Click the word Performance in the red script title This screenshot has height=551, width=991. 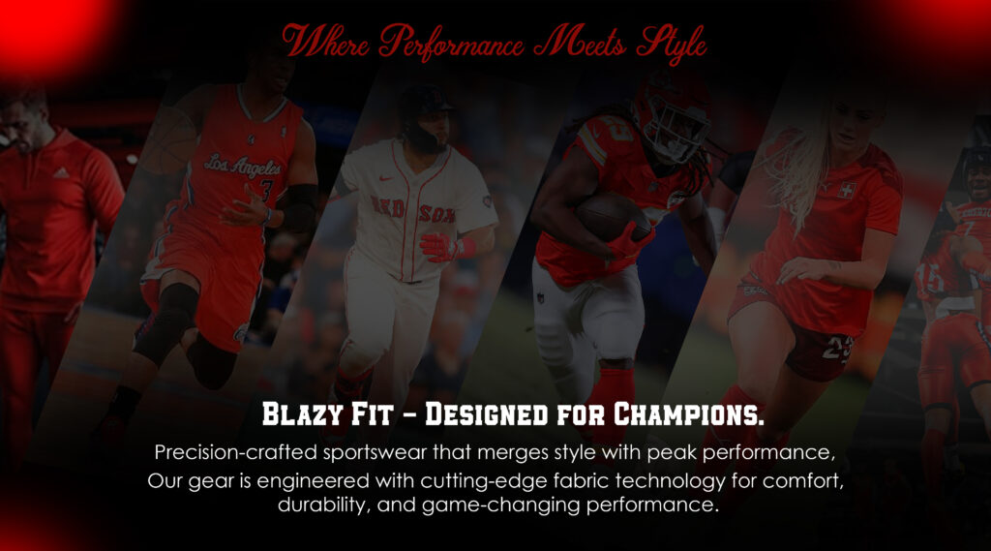[452, 43]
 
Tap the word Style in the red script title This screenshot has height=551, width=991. [672, 45]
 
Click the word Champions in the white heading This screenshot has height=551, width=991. [688, 414]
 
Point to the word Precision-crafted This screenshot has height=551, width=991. [236, 452]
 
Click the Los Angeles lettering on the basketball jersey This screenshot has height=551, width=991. [243, 167]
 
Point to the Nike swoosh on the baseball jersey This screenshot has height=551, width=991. [386, 179]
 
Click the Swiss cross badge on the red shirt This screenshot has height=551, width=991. [847, 190]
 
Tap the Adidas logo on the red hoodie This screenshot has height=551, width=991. [61, 172]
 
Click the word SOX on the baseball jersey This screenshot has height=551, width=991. [437, 214]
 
